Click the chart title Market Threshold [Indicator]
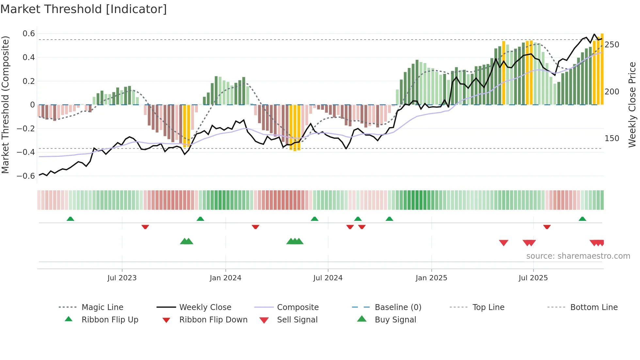point(84,9)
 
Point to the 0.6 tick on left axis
point(29,34)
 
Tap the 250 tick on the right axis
point(612,45)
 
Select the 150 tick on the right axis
point(612,139)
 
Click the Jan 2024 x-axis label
point(225,278)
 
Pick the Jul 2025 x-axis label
point(533,278)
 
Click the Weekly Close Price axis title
point(632,105)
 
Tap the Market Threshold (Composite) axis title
point(5,105)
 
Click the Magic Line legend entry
point(102,307)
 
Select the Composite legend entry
point(297,307)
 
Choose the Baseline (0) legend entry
point(398,307)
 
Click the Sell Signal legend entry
point(297,320)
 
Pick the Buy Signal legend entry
point(395,320)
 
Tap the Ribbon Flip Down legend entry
point(213,320)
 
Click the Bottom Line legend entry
point(594,307)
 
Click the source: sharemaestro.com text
point(578,256)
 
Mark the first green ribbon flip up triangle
point(70,219)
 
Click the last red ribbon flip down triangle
point(547,227)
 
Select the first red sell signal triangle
point(504,243)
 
